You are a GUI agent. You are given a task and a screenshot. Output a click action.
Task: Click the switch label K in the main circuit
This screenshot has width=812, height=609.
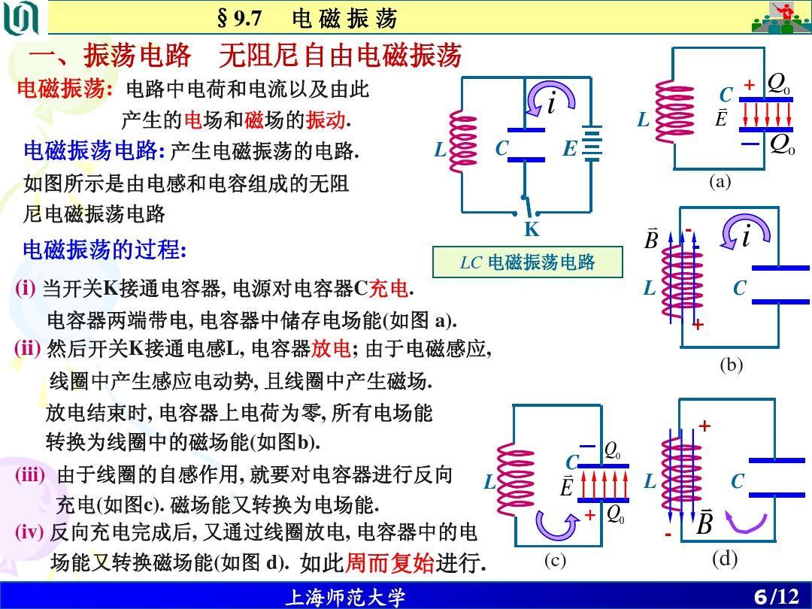coord(532,230)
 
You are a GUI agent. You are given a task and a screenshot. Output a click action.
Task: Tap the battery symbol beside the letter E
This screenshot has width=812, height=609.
coord(592,143)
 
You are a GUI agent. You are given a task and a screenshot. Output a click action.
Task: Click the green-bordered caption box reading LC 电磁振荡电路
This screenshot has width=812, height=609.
coord(528,262)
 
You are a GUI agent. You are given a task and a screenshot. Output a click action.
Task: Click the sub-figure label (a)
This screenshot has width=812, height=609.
coord(720,181)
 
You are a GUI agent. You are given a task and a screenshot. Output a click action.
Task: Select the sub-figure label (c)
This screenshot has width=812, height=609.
coord(555,561)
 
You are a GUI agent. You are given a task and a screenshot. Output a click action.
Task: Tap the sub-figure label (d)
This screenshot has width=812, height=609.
coord(725,559)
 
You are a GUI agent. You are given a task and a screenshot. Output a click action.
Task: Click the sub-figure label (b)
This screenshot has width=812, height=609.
coord(731,365)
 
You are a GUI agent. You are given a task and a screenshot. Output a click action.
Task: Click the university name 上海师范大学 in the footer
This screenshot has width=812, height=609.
coord(345,598)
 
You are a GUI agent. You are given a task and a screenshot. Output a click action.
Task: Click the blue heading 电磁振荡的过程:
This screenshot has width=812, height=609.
coord(105,250)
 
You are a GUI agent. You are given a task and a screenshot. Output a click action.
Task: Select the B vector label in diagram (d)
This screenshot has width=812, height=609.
coord(704,522)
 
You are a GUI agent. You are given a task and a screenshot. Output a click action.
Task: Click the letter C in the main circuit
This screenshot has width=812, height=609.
coord(502,149)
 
